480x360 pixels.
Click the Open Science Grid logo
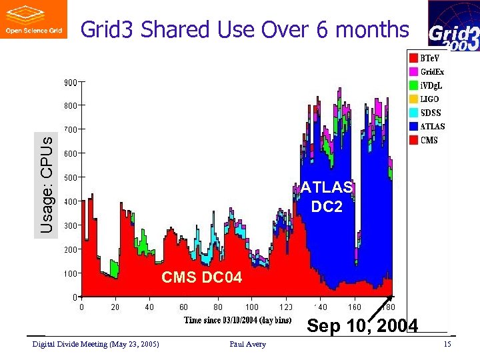coord(34,19)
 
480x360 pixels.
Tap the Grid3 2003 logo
coord(453,27)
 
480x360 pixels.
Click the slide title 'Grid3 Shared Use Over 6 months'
coord(244,29)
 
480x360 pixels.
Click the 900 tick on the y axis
coord(70,83)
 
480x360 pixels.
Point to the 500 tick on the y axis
coord(70,177)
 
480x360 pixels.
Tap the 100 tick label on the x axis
coord(252,307)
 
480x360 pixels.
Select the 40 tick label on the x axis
coord(149,307)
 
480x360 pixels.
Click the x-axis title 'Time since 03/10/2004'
coord(237,321)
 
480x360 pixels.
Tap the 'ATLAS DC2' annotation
coord(327,197)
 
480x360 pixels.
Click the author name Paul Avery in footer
coord(247,344)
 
